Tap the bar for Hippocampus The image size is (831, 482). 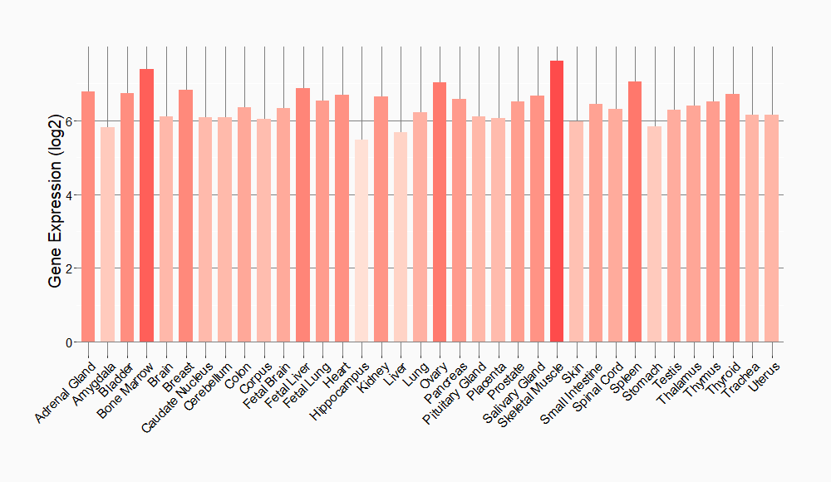click(x=361, y=241)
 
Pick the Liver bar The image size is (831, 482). click(x=401, y=237)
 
